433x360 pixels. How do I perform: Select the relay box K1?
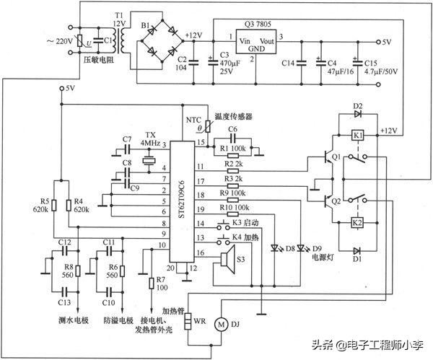[357, 134]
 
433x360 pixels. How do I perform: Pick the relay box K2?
[357, 223]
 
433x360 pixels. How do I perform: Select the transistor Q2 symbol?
[331, 201]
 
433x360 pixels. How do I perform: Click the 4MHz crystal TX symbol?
[149, 160]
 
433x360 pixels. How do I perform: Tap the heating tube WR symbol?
[189, 320]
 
